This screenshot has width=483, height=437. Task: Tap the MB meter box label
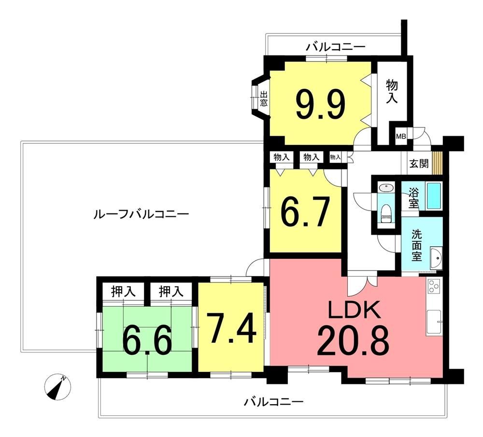[401, 136]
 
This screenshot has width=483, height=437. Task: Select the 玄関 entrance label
[419, 163]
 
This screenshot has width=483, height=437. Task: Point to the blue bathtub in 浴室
[434, 196]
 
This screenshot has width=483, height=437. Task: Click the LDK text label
[354, 310]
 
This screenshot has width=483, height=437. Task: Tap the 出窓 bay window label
[263, 99]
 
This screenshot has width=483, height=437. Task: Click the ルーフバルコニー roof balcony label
[141, 213]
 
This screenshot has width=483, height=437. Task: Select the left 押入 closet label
[123, 291]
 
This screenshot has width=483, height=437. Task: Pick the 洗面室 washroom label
[417, 246]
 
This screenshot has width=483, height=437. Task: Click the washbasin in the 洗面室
[436, 258]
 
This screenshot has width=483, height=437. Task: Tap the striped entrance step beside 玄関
[438, 163]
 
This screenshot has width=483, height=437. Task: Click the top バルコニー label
[336, 47]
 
